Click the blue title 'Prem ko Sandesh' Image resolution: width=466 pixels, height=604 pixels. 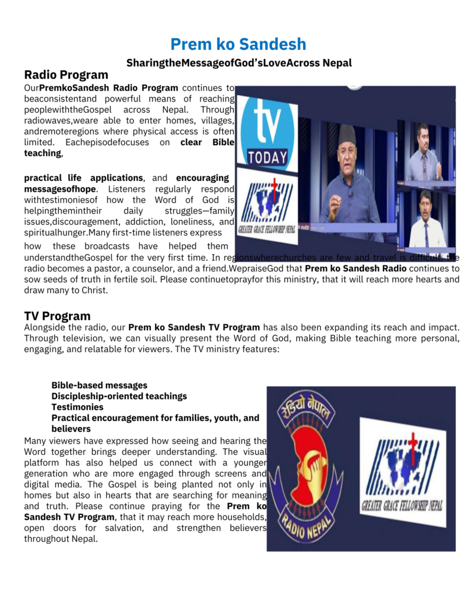point(238,44)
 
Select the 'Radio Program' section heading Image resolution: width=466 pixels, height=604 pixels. point(66,75)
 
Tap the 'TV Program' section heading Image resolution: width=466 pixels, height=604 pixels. point(57,316)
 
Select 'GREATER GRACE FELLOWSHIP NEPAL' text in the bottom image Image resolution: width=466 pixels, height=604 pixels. point(402,505)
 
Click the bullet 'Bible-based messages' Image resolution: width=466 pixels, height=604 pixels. point(99,385)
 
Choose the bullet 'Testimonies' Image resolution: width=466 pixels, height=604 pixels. point(77,407)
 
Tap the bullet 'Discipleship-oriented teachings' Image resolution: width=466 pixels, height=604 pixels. point(119,396)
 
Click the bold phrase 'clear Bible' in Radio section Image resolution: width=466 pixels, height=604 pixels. point(207,142)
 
